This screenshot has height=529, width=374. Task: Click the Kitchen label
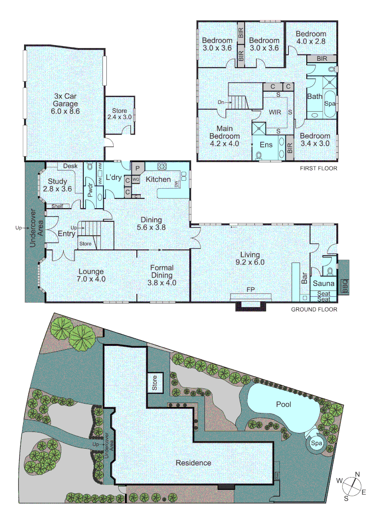(x=158, y=180)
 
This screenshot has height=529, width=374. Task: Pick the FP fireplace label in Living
(x=251, y=289)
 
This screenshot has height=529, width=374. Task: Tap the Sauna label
(x=324, y=284)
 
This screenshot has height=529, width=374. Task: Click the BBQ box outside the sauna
(x=345, y=284)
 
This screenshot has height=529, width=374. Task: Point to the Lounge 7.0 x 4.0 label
(x=91, y=275)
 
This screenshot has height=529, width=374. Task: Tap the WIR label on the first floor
(x=274, y=112)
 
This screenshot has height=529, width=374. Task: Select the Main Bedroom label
(x=224, y=136)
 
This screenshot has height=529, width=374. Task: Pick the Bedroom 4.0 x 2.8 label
(x=310, y=38)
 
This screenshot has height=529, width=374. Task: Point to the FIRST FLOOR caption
(x=319, y=168)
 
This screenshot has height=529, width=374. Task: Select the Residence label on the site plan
(x=194, y=463)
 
